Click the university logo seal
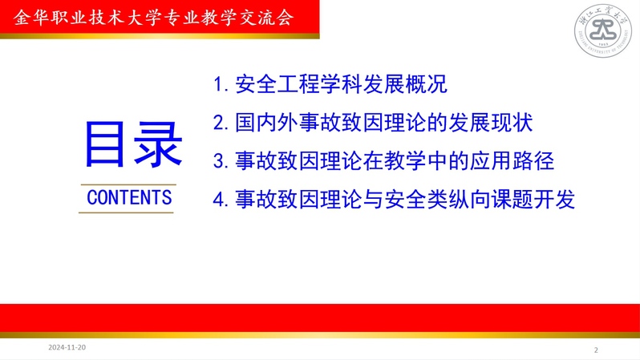(x=603, y=30)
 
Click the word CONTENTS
(x=129, y=197)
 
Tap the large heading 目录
(x=133, y=144)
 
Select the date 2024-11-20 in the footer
(x=67, y=347)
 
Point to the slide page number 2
(x=596, y=350)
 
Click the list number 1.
(x=220, y=85)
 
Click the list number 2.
(x=220, y=123)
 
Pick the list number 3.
(x=220, y=161)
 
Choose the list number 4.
(x=220, y=200)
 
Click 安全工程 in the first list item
(x=277, y=84)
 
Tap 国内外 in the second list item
(x=267, y=123)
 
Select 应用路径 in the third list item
(x=512, y=160)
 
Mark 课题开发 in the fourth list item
(x=533, y=199)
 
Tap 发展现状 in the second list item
(x=491, y=123)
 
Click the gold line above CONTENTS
(x=128, y=185)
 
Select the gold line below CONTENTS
(x=126, y=212)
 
